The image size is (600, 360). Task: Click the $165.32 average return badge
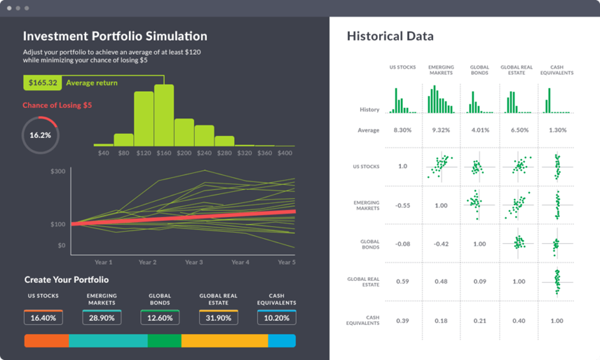point(43,83)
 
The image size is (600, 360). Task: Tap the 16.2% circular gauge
point(40,135)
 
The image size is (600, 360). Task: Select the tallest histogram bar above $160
point(164,115)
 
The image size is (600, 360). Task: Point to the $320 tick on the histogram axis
point(244,153)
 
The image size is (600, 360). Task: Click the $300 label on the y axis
point(58,172)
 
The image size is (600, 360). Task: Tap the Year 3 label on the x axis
point(194,262)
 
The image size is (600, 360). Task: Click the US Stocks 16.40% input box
point(43,318)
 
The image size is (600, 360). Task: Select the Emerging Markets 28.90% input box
point(102,318)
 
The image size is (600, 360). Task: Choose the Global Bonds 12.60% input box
point(160,318)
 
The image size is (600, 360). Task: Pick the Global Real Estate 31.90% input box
point(218,318)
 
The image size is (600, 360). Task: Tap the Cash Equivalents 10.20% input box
point(276,318)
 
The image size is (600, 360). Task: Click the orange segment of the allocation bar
point(47,341)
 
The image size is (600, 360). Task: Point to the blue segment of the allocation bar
point(281,341)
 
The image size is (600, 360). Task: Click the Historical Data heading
point(390,36)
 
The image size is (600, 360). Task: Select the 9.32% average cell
point(441,130)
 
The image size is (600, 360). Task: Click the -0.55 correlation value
point(403,206)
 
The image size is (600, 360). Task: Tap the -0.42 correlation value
point(441,244)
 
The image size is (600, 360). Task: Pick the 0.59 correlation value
point(403,281)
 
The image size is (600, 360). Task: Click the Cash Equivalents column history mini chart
point(556,100)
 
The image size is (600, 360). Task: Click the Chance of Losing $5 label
point(57,105)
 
